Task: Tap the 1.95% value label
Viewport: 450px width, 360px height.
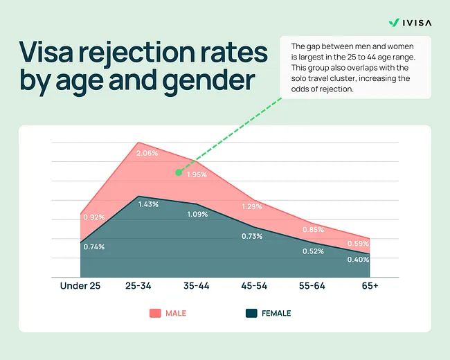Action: tap(197, 174)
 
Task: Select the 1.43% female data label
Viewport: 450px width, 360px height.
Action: tap(148, 204)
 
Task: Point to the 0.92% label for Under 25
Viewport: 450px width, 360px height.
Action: tap(93, 217)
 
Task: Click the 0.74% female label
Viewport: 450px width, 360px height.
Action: tap(93, 247)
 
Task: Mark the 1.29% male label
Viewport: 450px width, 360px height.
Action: tap(253, 206)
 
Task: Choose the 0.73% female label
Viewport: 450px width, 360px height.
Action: tap(253, 236)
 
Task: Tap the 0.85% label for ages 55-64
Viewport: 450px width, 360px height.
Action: tap(313, 230)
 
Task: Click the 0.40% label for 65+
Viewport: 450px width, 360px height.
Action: tap(358, 260)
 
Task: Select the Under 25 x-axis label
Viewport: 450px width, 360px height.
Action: tap(80, 286)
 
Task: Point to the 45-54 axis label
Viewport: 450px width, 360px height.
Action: tap(253, 286)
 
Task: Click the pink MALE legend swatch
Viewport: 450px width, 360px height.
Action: tap(154, 313)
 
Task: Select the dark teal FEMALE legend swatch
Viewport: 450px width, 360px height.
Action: tap(251, 313)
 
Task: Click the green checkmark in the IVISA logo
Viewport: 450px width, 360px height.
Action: tap(393, 22)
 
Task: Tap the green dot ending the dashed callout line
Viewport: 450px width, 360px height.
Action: tap(178, 172)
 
